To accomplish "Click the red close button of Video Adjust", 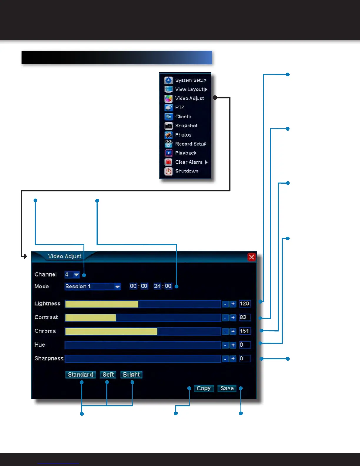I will [251, 257].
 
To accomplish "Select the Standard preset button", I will [80, 375].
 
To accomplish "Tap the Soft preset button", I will [108, 375].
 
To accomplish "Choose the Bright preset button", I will [131, 375].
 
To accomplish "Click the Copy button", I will [204, 388].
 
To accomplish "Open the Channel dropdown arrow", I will [76, 275].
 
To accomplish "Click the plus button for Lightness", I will [233, 304].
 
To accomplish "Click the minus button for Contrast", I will [225, 318].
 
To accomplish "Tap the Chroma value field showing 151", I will [244, 331].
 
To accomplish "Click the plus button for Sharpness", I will [233, 359].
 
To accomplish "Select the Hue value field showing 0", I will [244, 345].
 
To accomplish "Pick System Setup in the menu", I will [190, 80].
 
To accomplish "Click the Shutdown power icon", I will [169, 171].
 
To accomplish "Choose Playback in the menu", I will [186, 153].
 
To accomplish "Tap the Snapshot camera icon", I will [169, 126].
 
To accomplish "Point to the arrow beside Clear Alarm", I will [206, 162].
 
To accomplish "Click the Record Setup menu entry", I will [191, 144].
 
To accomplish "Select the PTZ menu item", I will [179, 108].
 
